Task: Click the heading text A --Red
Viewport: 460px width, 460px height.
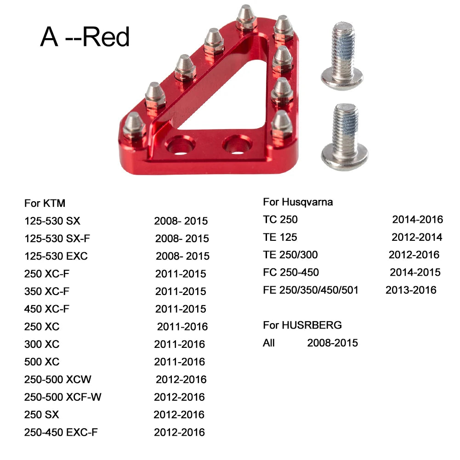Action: pyautogui.click(x=85, y=37)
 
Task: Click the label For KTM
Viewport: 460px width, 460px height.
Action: pyautogui.click(x=45, y=203)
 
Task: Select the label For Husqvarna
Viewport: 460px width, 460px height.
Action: pyautogui.click(x=298, y=202)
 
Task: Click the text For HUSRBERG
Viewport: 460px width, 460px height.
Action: pyautogui.click(x=302, y=325)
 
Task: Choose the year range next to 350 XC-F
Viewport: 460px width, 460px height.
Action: pyautogui.click(x=181, y=291)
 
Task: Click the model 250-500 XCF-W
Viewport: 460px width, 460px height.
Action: pyautogui.click(x=63, y=397)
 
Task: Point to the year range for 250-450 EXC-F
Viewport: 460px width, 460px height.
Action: pyautogui.click(x=179, y=432)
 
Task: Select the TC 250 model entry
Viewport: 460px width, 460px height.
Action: pyautogui.click(x=280, y=220)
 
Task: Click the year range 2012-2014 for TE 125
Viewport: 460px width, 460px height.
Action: pyautogui.click(x=417, y=237)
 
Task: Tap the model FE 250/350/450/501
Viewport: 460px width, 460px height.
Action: pyautogui.click(x=311, y=290)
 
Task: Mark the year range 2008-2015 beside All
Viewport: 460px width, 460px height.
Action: pyautogui.click(x=332, y=343)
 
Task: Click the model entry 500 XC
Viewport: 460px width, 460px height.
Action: pyautogui.click(x=42, y=362)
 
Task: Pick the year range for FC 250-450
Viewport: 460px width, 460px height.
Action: pyautogui.click(x=415, y=273)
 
